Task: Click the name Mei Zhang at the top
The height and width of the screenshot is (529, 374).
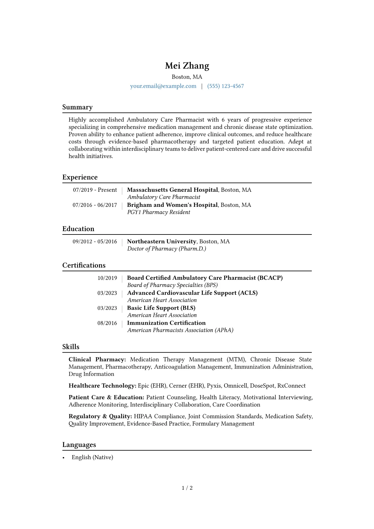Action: pos(187,66)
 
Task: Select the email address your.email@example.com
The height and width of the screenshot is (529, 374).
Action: pos(163,86)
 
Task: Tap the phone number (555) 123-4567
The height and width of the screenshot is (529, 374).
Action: pos(225,86)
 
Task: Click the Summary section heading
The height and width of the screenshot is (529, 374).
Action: pos(77,107)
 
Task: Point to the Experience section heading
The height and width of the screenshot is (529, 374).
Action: pos(80,177)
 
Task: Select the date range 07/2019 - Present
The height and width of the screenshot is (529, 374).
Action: pos(95,190)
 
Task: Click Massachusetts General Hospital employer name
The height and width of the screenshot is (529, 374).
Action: pos(172,190)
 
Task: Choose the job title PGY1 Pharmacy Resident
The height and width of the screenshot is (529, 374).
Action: pos(158,212)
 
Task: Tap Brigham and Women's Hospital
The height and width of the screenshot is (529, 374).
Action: pos(172,205)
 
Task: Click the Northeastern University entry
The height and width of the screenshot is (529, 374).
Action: pos(162,241)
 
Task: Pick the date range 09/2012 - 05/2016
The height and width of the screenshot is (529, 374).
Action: pos(95,241)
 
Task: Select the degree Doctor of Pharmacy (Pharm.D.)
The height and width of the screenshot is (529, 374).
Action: pos(167,249)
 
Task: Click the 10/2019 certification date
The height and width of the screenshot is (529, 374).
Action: pos(107,278)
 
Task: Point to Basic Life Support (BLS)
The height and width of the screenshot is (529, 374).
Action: pos(161,308)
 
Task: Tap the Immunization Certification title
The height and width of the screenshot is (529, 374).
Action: pos(166,323)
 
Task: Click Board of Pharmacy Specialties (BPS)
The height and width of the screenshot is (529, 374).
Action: pos(172,285)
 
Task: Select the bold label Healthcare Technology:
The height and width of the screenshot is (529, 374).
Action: pos(102,386)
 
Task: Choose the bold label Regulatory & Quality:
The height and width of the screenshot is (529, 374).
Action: pos(100,416)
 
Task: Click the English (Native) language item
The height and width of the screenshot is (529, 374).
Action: pos(92,457)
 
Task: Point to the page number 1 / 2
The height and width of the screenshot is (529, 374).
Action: pos(187,488)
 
